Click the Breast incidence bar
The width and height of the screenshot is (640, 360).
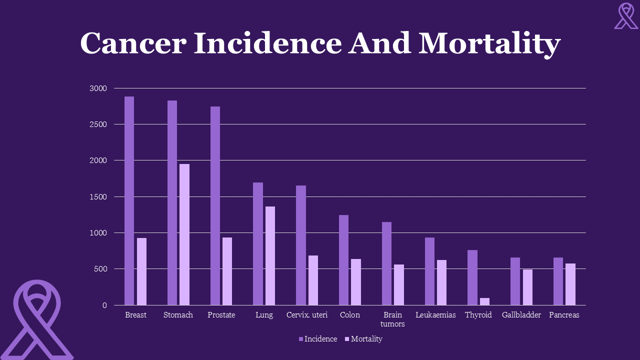(129, 200)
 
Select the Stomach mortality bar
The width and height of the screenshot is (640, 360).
(184, 234)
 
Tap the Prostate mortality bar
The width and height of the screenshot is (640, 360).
(227, 271)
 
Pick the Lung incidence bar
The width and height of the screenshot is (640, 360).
(258, 243)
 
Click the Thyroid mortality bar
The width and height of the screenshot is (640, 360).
(484, 301)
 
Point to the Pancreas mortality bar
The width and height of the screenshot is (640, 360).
(570, 284)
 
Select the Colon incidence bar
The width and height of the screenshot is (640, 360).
(343, 260)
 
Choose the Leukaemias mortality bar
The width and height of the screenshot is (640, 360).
(441, 282)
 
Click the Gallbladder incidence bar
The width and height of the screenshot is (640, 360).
(515, 281)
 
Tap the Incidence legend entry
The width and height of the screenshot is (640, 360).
(318, 339)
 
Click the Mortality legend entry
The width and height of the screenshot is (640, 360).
(363, 339)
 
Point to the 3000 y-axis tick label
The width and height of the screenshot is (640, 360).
(98, 88)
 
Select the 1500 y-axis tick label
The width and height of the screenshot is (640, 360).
(98, 197)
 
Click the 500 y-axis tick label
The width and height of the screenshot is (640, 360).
(100, 269)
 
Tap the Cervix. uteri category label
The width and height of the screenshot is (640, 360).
(307, 315)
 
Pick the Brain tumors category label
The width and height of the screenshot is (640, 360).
(392, 319)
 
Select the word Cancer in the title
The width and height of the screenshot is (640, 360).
(132, 43)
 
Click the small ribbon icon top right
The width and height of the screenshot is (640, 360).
(626, 16)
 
